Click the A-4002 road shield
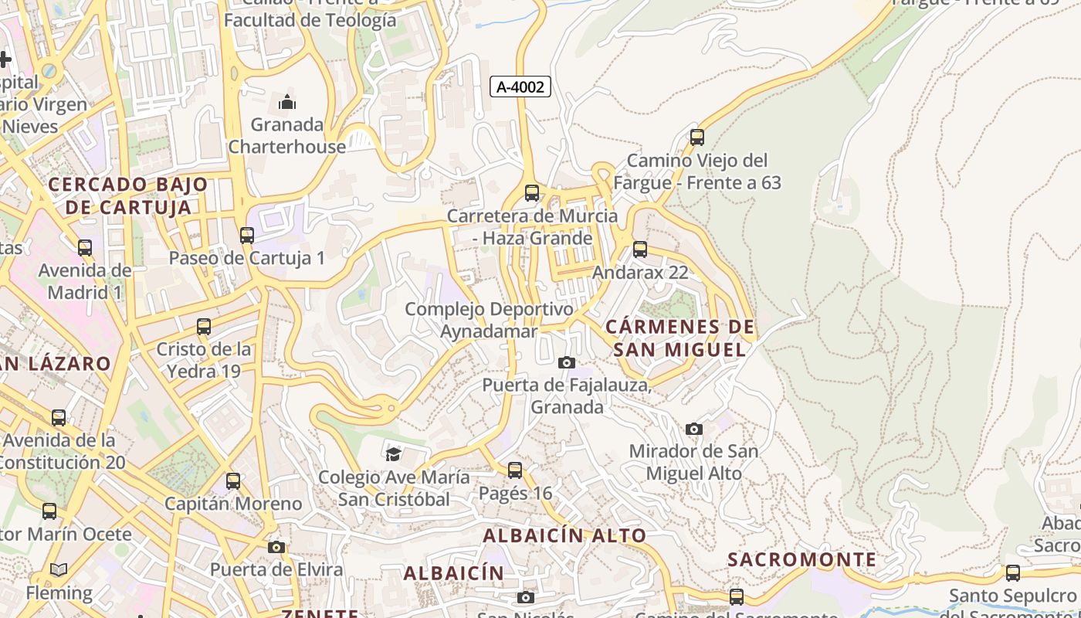click(520, 87)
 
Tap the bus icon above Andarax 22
click(639, 250)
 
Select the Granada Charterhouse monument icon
click(287, 102)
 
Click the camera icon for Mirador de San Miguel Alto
click(694, 429)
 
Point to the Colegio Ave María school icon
click(394, 453)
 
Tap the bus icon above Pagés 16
click(515, 470)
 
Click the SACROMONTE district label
click(802, 559)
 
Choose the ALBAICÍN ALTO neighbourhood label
click(564, 535)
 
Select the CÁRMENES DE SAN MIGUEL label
click(680, 338)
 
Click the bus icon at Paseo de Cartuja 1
click(247, 236)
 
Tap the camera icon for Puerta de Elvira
click(276, 547)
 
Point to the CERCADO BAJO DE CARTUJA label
click(128, 195)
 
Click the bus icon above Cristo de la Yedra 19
click(204, 327)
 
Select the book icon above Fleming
click(59, 570)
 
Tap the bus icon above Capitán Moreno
click(233, 481)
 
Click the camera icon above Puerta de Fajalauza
click(567, 362)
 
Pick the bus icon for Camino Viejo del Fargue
click(697, 138)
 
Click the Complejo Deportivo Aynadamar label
click(490, 320)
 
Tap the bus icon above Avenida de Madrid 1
click(85, 248)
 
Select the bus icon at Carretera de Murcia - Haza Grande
click(532, 193)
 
